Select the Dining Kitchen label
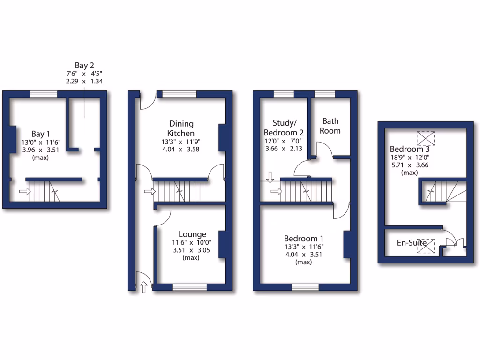[x=181, y=128]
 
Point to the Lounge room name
[x=192, y=234]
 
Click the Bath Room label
[x=330, y=126]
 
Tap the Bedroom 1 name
[x=304, y=238]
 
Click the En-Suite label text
[x=412, y=243]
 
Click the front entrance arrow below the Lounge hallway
[x=144, y=287]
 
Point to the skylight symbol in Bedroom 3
[x=426, y=138]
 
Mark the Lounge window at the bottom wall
[x=189, y=287]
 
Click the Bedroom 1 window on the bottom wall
[x=305, y=287]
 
